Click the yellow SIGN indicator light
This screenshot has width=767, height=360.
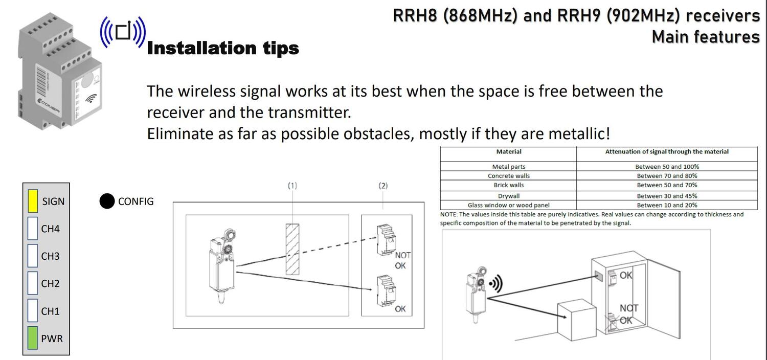point(33,201)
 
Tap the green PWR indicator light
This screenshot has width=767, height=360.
point(33,338)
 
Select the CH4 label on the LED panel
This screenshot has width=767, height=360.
point(50,229)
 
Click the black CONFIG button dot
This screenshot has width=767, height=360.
point(107,201)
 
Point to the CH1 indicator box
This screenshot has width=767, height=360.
point(33,311)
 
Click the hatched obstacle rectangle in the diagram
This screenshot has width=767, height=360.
point(292,249)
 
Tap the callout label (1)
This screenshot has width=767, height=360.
point(292,186)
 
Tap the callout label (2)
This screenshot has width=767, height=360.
point(383,186)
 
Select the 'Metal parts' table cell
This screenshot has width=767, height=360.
point(508,167)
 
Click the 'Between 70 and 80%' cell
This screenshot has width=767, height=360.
point(667,176)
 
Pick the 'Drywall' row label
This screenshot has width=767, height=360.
point(508,196)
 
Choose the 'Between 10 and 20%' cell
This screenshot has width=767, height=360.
point(667,205)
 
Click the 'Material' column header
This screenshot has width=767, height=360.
point(508,151)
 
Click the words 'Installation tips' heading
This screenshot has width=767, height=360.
point(223,48)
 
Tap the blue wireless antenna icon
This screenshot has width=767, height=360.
point(123,32)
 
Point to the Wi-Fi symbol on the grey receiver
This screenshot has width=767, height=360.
point(91,98)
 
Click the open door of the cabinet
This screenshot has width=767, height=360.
point(663,300)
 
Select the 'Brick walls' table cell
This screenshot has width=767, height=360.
point(508,185)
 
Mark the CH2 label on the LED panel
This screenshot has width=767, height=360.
point(50,284)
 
